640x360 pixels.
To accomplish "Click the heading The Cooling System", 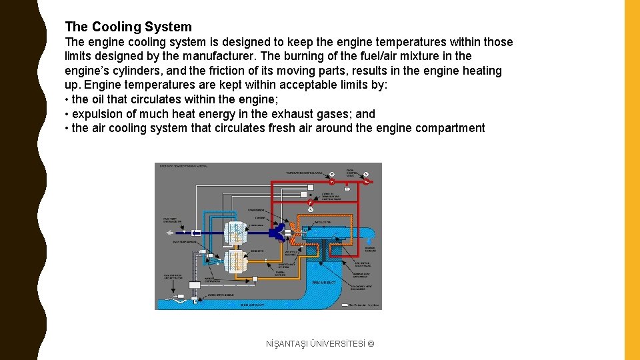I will tap(128, 27).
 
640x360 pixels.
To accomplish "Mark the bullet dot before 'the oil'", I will tap(67, 100).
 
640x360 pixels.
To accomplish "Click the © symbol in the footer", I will tap(371, 343).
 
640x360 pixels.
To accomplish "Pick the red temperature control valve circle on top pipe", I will tap(331, 181).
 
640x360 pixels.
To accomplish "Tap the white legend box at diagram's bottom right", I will tap(345, 306).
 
